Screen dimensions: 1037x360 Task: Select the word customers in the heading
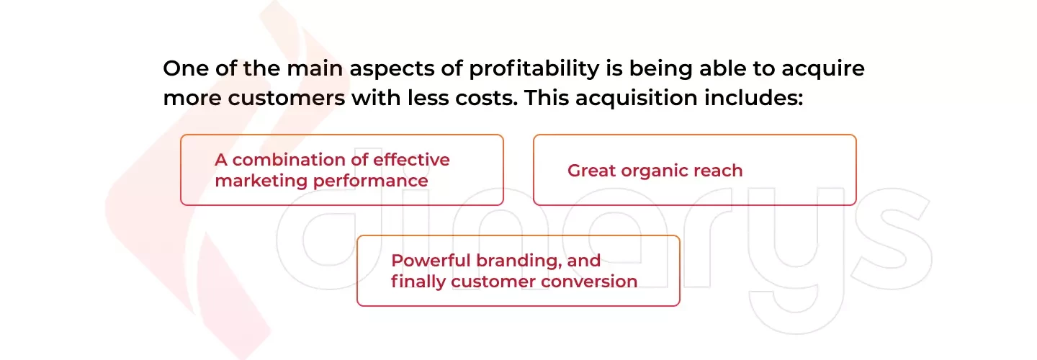[x=287, y=98]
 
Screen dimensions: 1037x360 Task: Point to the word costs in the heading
[x=487, y=98]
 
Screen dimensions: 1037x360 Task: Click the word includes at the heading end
[x=754, y=97]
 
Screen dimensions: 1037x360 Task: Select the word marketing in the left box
[x=261, y=181]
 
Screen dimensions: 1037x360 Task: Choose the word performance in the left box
[x=370, y=181]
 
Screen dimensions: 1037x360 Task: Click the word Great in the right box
[x=591, y=171]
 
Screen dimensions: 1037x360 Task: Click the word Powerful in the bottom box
[x=431, y=261]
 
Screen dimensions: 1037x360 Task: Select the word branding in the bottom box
[x=519, y=261]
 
